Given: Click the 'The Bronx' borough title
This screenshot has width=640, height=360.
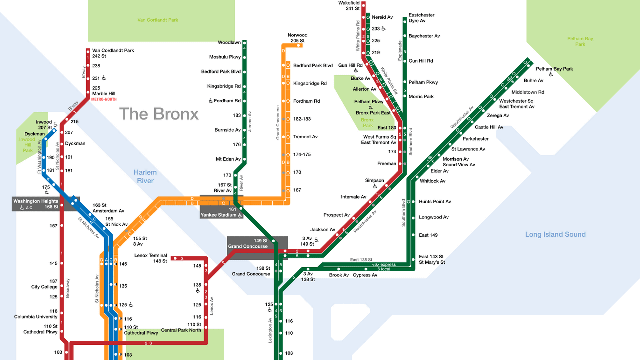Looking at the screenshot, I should tap(159, 114).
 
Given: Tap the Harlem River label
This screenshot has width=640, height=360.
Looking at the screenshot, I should tap(145, 176).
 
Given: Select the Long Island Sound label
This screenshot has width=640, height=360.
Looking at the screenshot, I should tap(555, 234).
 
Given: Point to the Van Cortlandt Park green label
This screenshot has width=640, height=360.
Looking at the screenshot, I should tap(158, 20).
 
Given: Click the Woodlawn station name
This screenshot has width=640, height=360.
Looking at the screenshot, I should tap(229, 42).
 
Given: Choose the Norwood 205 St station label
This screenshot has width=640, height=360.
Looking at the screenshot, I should tap(297, 38).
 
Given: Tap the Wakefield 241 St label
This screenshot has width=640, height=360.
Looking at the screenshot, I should tap(349, 6).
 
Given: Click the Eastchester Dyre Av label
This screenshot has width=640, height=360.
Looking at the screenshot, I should tap(421, 18).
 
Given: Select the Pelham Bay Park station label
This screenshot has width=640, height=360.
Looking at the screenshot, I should tap(554, 69).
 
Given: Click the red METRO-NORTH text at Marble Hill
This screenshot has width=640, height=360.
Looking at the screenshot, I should tap(104, 99).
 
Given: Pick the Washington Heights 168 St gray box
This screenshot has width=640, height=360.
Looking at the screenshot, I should tap(36, 204).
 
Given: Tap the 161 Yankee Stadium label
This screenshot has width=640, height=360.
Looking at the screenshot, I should tap(220, 212).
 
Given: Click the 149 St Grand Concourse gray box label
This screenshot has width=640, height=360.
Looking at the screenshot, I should tap(248, 244).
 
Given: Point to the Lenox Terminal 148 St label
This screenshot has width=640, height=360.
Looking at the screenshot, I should tap(151, 258).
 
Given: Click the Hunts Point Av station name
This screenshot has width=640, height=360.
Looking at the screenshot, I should tap(435, 202).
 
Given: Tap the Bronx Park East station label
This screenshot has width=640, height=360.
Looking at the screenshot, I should tap(373, 113).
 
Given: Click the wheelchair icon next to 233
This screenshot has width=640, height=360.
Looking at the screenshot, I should tap(383, 29).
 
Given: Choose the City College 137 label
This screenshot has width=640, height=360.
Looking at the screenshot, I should tap(45, 284).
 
